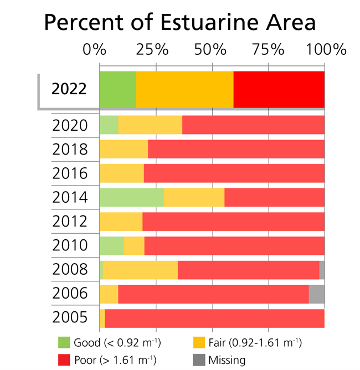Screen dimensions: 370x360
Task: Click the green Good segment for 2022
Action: pos(117,89)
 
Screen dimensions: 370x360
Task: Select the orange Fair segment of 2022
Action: pos(184,89)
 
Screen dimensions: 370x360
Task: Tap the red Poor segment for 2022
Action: pos(279,89)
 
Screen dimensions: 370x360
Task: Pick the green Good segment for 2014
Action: pos(131,198)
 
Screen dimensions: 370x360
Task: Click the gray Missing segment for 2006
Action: pos(316,294)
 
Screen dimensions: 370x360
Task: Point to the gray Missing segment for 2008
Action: pos(322,270)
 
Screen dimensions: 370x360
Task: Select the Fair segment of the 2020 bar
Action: pos(150,125)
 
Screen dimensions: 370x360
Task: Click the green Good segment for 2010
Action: pos(111,245)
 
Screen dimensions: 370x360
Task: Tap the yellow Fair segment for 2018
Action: pos(124,150)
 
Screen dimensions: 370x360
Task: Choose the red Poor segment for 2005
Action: pos(214,318)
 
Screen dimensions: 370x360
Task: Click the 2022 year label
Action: pos(69,89)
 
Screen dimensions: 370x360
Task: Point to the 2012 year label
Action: pos(70,222)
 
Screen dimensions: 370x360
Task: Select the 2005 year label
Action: pos(70,318)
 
